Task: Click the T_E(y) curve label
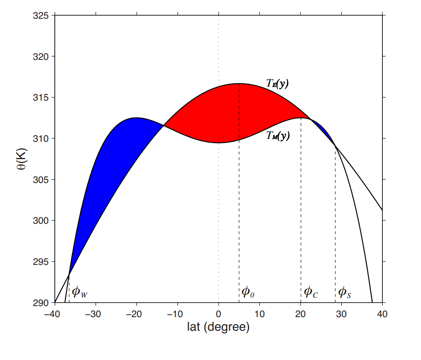(278, 84)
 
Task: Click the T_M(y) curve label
(278, 136)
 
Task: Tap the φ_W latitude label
(80, 292)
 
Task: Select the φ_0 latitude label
(248, 292)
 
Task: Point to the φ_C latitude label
(311, 292)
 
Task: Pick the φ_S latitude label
(344, 292)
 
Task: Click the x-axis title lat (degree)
(218, 327)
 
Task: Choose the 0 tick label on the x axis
(219, 314)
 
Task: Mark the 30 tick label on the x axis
(342, 314)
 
